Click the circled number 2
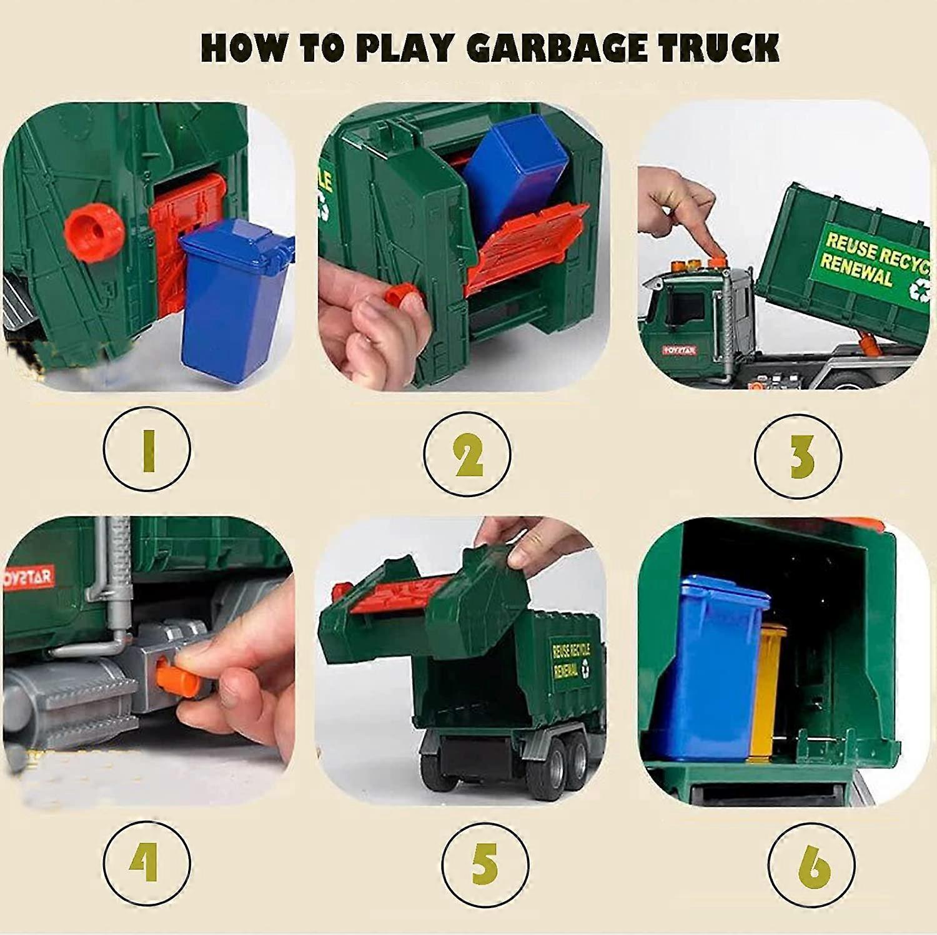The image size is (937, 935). [467, 452]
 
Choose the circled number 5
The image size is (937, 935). [485, 864]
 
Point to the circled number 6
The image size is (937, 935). [812, 865]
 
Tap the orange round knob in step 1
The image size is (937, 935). [94, 231]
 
